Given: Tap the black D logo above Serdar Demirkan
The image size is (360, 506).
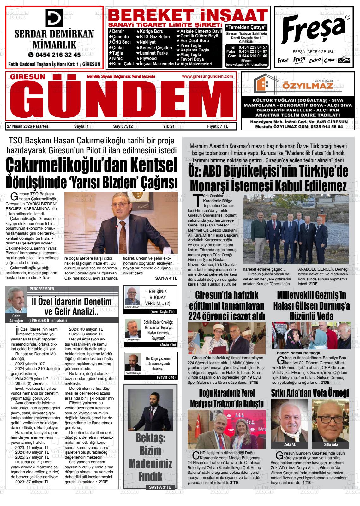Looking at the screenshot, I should coord(54,18).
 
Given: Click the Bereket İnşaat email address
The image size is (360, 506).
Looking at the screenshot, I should coord(247,64).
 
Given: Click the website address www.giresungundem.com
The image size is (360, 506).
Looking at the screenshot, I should coord(207,76).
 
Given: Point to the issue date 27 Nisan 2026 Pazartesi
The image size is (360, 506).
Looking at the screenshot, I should coord(28,126).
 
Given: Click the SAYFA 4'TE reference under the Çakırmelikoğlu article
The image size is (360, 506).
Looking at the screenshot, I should coord(166,278).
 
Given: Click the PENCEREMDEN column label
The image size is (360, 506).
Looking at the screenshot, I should coord(42,289).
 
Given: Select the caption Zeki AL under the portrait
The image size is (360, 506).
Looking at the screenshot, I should coord(290,444).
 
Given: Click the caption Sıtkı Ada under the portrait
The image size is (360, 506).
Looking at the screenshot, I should coord(331,444).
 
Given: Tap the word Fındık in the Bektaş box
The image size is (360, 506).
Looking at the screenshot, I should coord(150,475).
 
